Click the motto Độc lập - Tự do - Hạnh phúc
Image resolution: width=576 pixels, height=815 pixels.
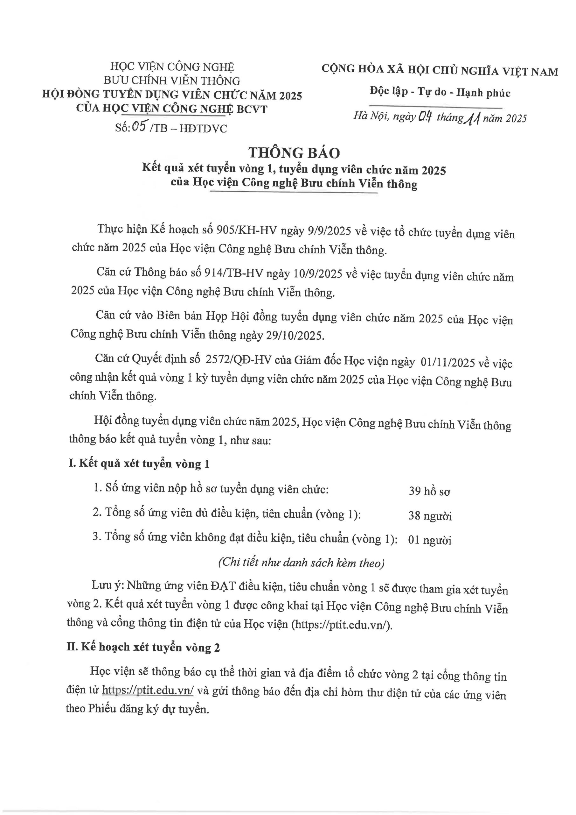[x=440, y=92]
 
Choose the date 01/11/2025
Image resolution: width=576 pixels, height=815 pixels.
[x=448, y=362]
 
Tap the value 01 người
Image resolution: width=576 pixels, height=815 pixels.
[x=429, y=540]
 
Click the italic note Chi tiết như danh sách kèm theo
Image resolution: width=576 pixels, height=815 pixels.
[x=302, y=563]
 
